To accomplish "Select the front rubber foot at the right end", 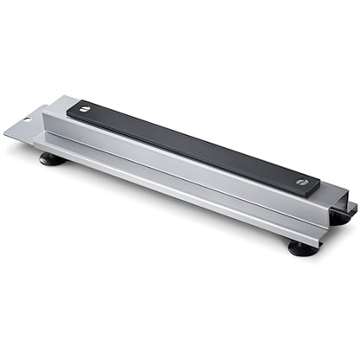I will (302, 248).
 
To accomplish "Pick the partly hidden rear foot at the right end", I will (340, 219).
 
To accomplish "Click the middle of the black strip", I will (194, 145).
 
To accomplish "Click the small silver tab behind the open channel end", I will (350, 207).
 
